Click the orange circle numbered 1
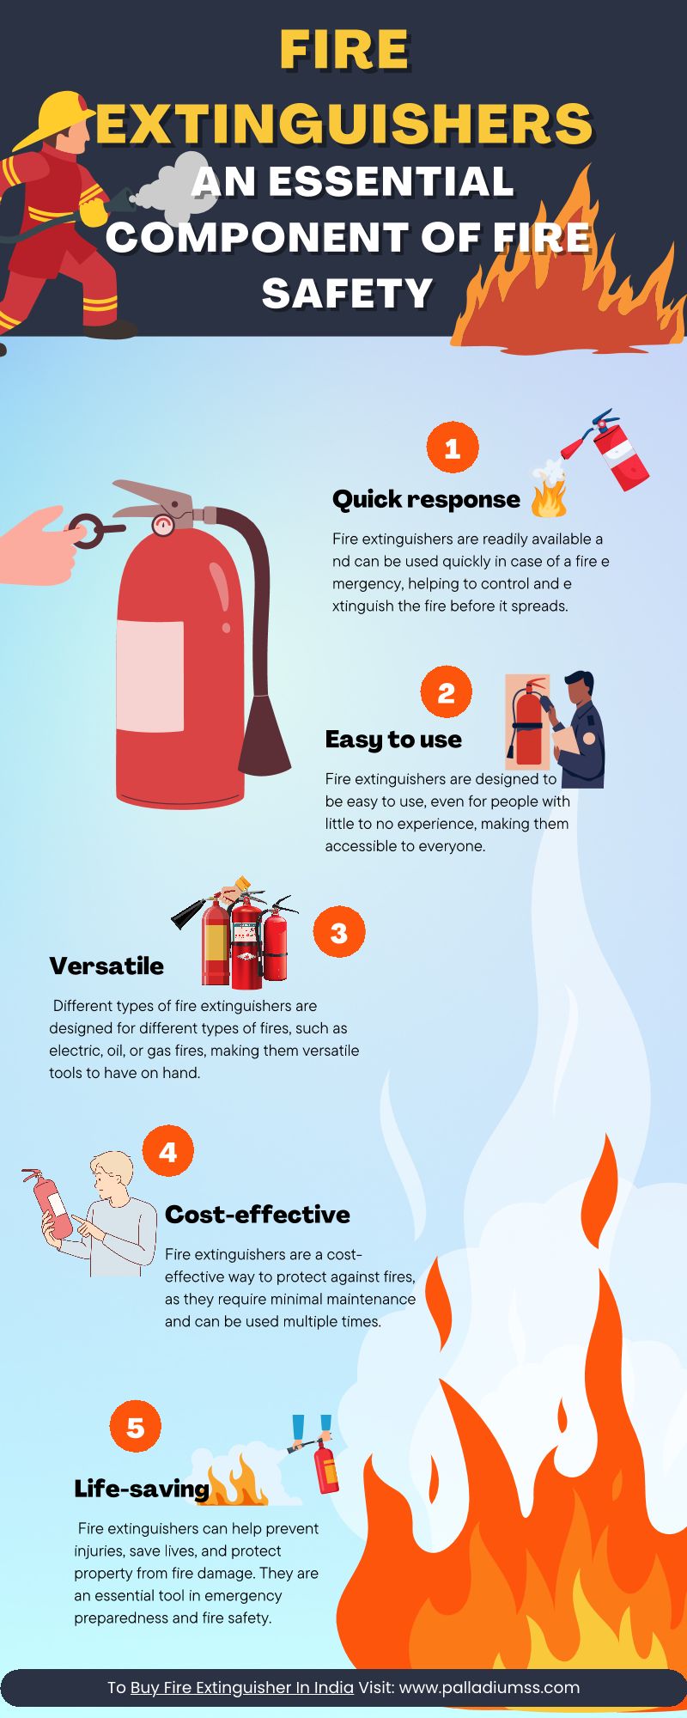(x=453, y=448)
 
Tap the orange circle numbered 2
(x=447, y=692)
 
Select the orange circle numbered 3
(x=339, y=932)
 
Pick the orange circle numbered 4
(x=168, y=1151)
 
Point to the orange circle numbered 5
(x=136, y=1427)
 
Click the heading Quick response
(x=426, y=499)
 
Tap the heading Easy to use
(x=393, y=739)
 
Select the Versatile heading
(x=106, y=966)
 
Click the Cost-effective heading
(x=258, y=1214)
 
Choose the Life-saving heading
(x=142, y=1489)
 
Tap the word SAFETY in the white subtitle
(x=347, y=294)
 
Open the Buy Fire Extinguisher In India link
(x=242, y=1687)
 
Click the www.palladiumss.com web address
(x=489, y=1687)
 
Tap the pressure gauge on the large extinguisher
(x=162, y=525)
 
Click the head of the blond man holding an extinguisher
(x=113, y=1177)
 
